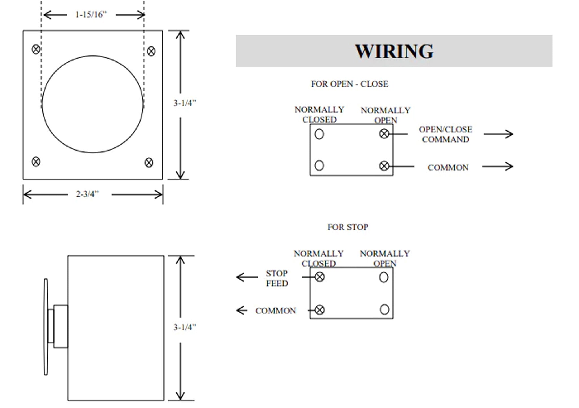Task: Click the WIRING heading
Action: [394, 51]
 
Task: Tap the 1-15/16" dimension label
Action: [91, 14]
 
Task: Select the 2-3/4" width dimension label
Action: [87, 194]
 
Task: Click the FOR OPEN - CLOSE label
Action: [349, 84]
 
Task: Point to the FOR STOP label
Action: [348, 227]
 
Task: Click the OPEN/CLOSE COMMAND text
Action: [445, 134]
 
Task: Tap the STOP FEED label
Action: [277, 278]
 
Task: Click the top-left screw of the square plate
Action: [36, 49]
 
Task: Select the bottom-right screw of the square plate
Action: [149, 163]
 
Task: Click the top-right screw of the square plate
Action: [151, 51]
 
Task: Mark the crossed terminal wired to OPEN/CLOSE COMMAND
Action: [384, 134]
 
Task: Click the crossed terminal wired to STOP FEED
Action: [320, 277]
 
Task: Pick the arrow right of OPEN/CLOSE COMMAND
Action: [498, 134]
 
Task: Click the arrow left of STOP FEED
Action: [247, 277]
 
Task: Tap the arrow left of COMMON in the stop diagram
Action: [242, 310]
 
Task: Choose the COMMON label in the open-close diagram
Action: [448, 168]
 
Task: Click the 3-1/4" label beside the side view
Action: [185, 327]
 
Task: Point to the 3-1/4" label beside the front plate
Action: [185, 103]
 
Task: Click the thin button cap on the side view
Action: [46, 327]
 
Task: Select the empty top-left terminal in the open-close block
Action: [319, 134]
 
